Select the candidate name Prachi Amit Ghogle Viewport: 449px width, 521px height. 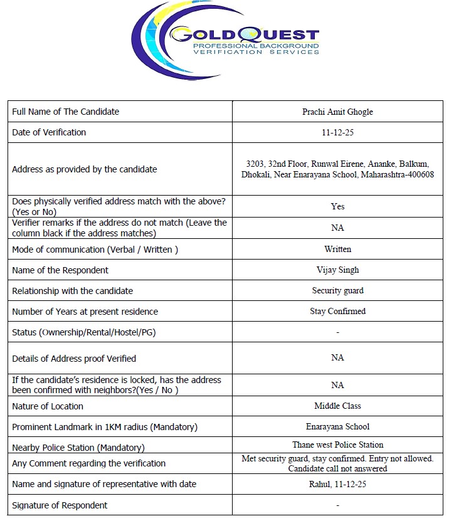(x=337, y=112)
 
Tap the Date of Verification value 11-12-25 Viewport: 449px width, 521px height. (x=337, y=133)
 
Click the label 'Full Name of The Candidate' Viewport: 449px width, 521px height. (x=66, y=112)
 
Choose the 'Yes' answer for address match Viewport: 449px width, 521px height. (x=337, y=206)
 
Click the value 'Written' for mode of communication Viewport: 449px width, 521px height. (x=337, y=249)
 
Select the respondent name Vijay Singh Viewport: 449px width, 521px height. (x=337, y=270)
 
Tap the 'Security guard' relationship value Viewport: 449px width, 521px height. (x=337, y=291)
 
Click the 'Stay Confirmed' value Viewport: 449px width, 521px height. (x=337, y=311)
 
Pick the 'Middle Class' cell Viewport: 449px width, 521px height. (x=337, y=406)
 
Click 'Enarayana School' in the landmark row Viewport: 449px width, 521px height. (x=337, y=426)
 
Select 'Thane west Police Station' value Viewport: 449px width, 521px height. (x=337, y=445)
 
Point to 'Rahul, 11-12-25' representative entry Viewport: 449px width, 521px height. (x=337, y=484)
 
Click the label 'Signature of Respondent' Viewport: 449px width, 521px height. (x=60, y=505)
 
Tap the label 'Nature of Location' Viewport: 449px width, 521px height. (x=48, y=406)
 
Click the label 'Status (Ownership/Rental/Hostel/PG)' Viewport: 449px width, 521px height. (x=84, y=332)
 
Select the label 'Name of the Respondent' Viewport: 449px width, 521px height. (x=60, y=270)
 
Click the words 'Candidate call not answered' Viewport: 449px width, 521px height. (x=337, y=468)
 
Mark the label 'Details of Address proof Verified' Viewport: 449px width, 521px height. (x=74, y=359)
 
